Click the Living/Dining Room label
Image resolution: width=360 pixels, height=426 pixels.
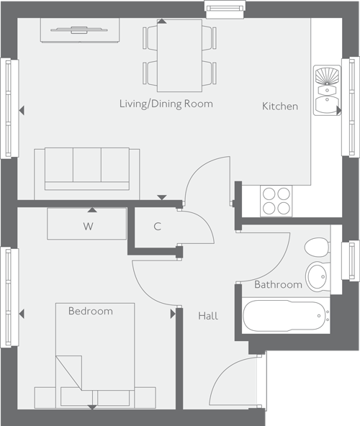(x=166, y=104)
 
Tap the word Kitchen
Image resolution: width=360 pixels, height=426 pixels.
(x=279, y=106)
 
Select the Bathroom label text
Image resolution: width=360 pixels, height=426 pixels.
(x=278, y=285)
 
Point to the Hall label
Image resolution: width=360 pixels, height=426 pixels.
(x=207, y=316)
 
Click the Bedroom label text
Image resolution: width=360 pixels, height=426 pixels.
(x=91, y=312)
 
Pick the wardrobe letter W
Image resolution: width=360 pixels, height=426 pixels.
(x=88, y=227)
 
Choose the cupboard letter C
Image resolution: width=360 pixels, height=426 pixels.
(x=157, y=226)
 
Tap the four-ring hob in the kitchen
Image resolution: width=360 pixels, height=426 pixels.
(x=276, y=201)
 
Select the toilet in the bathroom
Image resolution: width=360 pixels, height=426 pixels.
(x=316, y=248)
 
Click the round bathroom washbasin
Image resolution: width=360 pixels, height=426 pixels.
(x=317, y=274)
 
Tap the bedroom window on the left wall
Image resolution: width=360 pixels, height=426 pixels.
(x=9, y=296)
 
